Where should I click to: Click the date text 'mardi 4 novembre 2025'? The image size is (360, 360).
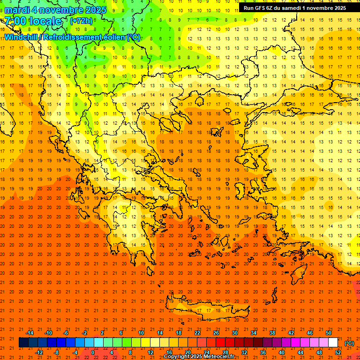[x=56, y=10]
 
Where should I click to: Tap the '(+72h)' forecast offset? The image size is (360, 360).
[x=81, y=21]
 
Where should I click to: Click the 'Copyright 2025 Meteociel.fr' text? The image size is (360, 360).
[x=199, y=357]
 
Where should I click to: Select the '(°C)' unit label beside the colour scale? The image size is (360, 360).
[x=349, y=343]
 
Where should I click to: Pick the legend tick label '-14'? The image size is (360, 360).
[x=30, y=333]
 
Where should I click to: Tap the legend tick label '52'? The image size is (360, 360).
[x=338, y=352]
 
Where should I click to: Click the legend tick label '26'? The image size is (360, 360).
[x=216, y=333]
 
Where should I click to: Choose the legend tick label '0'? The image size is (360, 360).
[x=92, y=352]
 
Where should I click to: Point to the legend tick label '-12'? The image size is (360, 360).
[x=39, y=352]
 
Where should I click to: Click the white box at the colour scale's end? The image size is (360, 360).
[x=333, y=343]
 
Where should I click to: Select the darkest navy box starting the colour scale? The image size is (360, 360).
[x=23, y=343]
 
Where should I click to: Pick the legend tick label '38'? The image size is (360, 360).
[x=272, y=333]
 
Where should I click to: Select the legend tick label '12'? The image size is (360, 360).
[x=150, y=352]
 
